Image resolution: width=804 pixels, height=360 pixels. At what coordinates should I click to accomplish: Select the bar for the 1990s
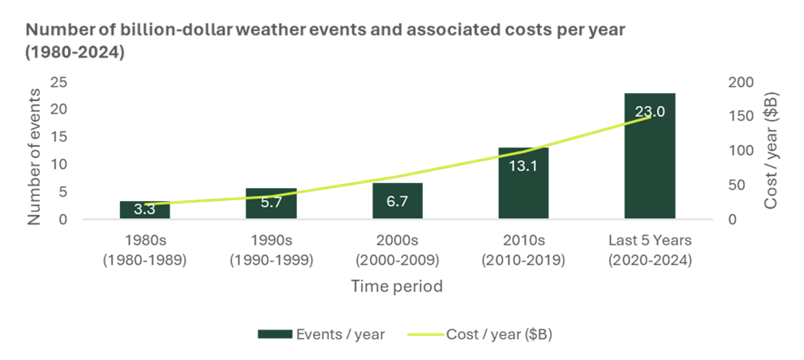click(271, 204)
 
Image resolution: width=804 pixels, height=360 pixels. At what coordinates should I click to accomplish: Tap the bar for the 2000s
click(397, 201)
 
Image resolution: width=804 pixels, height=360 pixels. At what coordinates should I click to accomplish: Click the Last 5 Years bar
click(650, 156)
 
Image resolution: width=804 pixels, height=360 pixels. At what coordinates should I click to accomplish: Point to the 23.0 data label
click(650, 111)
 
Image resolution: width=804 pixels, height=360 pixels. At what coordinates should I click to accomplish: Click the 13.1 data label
click(524, 165)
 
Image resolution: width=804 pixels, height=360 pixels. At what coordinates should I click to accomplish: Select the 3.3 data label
click(145, 209)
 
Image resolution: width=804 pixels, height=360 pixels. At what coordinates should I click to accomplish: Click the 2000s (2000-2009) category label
click(397, 251)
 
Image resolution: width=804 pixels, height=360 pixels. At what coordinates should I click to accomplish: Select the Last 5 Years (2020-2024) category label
click(650, 251)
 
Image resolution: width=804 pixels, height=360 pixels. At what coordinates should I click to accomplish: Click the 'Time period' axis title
click(397, 287)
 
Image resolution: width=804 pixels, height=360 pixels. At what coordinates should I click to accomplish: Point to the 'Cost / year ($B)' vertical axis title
click(772, 151)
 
